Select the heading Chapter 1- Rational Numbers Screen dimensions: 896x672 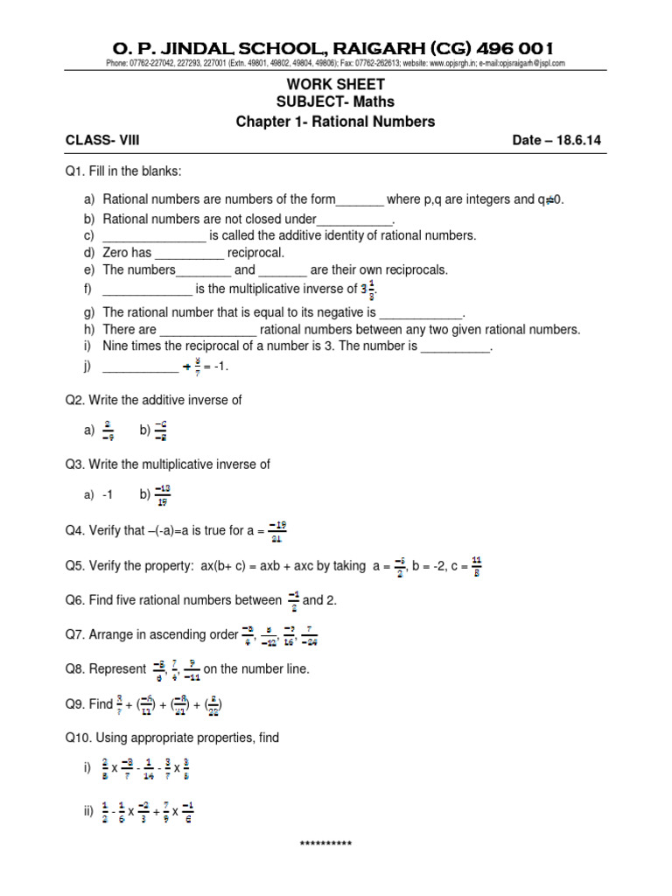335,122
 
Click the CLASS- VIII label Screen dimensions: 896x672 102,140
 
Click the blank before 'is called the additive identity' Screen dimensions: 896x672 154,236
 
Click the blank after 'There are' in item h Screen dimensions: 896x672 208,330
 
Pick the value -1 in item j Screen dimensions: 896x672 218,367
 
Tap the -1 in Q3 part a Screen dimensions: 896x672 108,495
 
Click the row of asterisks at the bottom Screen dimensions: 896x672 325,843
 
